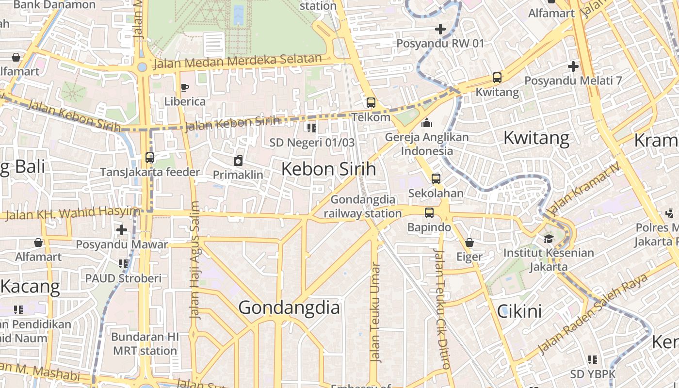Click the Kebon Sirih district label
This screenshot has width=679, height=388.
tap(328, 169)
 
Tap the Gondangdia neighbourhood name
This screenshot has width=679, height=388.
tap(289, 307)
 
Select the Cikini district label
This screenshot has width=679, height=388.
tap(519, 311)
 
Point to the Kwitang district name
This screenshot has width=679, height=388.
tap(536, 138)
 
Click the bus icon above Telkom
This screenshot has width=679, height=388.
tap(371, 103)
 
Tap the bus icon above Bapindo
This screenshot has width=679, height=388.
tap(429, 213)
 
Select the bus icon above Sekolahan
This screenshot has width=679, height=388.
tap(436, 179)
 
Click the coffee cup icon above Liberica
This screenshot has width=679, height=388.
tap(184, 87)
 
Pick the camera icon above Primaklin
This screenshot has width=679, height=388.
tap(238, 161)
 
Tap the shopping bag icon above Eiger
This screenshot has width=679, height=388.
tap(469, 242)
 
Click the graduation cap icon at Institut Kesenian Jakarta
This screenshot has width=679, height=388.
tap(549, 239)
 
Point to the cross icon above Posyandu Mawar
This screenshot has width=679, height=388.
tap(122, 230)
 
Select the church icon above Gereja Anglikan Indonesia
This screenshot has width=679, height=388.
tap(427, 123)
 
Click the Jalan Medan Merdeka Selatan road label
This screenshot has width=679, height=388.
tap(237, 62)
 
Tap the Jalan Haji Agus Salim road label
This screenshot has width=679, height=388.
tap(194, 259)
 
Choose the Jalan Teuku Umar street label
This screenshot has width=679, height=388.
tap(375, 313)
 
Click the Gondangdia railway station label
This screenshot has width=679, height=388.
tap(363, 207)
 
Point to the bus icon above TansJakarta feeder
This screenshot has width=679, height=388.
tap(150, 158)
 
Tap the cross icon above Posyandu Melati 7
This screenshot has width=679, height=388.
tap(573, 66)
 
